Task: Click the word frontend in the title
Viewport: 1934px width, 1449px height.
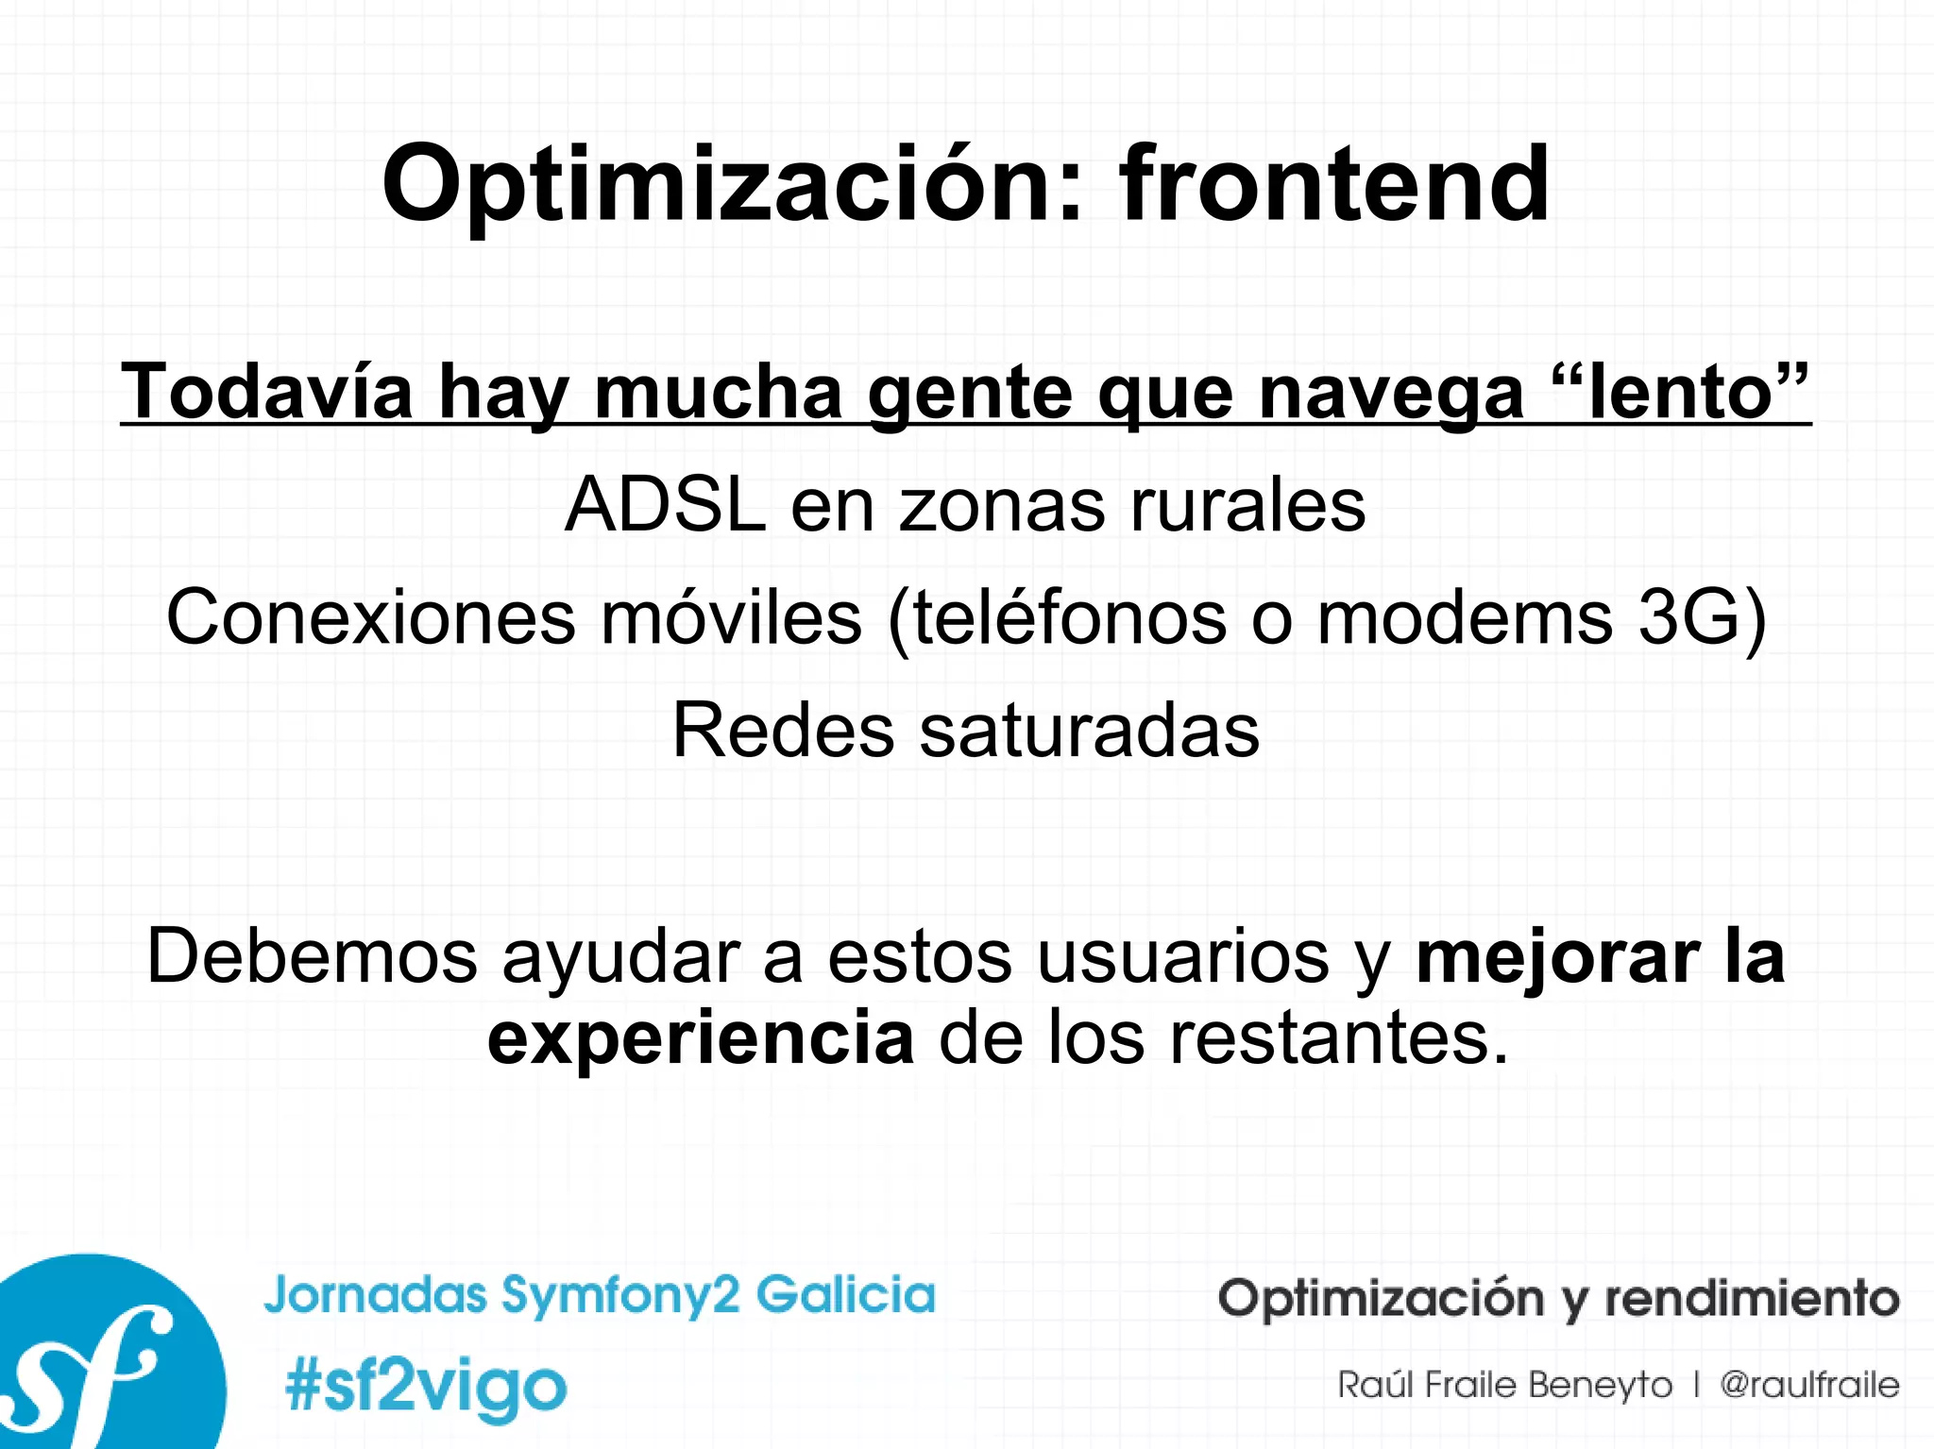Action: tap(1333, 184)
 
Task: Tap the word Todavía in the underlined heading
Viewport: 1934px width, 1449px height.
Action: tap(267, 392)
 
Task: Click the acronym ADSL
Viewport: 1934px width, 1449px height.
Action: tap(665, 505)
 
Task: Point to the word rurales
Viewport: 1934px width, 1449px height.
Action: tap(1247, 505)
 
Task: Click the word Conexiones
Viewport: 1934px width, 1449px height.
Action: tap(371, 617)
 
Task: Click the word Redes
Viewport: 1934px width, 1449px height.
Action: tap(783, 731)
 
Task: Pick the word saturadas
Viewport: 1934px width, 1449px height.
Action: tap(1090, 731)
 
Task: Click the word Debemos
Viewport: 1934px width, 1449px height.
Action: tap(312, 956)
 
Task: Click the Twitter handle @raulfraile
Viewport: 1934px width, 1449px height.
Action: tap(1808, 1385)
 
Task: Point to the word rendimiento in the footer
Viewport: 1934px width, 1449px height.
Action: tap(1752, 1298)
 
